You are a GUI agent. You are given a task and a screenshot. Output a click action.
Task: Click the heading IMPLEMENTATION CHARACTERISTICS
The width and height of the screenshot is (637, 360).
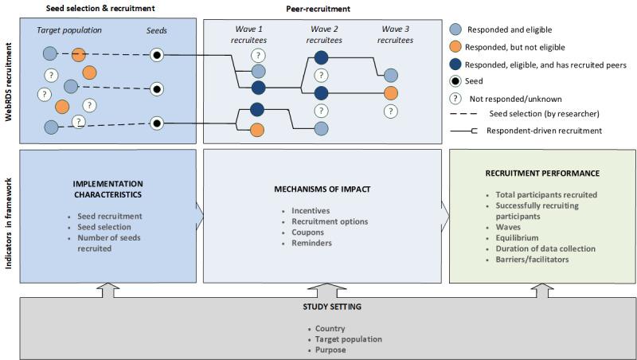coord(107,189)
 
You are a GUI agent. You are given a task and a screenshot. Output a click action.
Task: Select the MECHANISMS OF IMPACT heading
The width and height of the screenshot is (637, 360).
coord(323,189)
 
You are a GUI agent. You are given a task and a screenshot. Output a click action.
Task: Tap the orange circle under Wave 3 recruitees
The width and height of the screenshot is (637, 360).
coord(390,93)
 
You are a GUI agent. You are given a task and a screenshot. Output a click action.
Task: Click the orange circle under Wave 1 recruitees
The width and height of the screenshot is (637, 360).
coord(257,130)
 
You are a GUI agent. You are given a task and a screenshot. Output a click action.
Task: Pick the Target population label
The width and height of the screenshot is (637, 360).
coord(70,29)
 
